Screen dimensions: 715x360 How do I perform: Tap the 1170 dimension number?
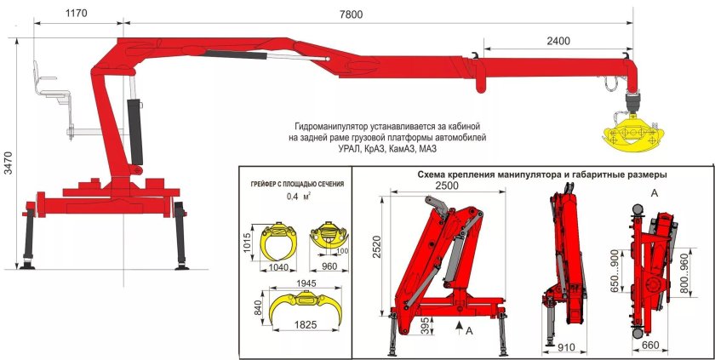[76, 14]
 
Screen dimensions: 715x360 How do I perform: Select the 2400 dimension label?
[559, 41]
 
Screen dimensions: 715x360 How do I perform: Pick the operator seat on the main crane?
[48, 83]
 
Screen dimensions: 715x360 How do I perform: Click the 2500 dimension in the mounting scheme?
[444, 186]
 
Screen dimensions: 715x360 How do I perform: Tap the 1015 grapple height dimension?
[247, 241]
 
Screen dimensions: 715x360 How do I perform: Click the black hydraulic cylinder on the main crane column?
[134, 132]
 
